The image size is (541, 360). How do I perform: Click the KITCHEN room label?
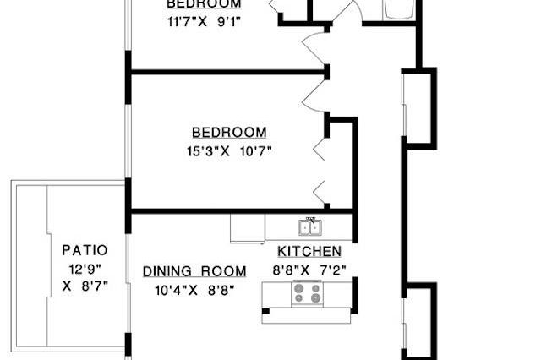309,252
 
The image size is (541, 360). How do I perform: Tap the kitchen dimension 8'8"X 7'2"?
310,270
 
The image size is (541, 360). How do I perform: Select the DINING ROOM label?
194,271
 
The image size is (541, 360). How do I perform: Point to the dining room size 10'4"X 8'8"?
194,289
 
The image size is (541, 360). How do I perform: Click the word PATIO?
85,250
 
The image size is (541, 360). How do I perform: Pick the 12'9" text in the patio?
85,269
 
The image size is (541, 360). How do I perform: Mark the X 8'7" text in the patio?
85,286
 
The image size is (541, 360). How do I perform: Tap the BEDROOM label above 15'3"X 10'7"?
229,133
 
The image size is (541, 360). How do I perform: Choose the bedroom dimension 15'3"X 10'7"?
229,151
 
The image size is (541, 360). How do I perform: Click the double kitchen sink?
309,226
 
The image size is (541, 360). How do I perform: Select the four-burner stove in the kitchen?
307,294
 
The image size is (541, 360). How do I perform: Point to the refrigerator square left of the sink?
247,227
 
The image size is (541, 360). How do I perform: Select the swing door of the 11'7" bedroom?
314,47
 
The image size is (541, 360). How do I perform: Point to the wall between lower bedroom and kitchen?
241,210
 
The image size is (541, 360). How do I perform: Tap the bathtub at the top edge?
398,8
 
